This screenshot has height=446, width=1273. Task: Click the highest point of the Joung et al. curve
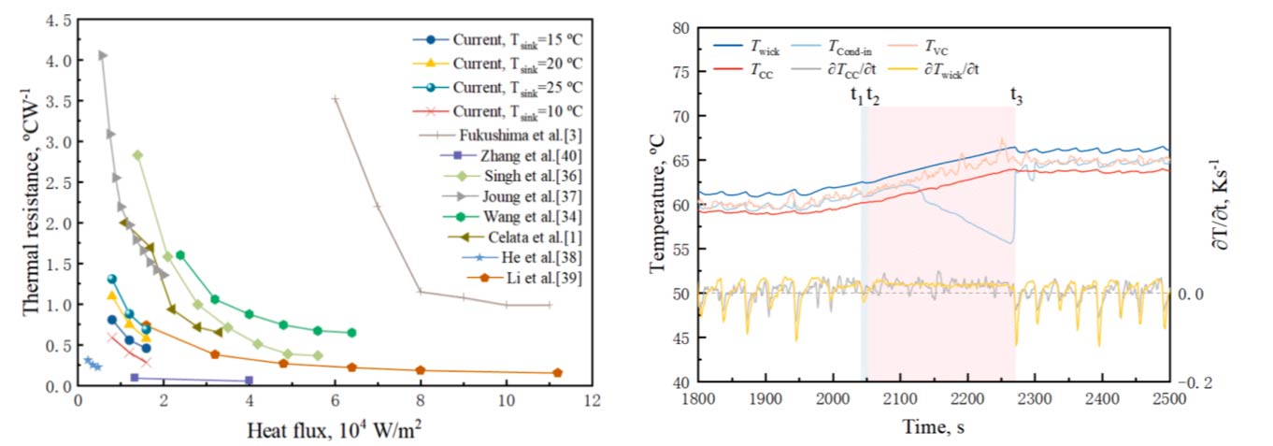tap(102, 55)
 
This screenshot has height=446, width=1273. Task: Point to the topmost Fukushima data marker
tap(335, 98)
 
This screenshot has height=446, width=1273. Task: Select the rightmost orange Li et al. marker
tap(557, 372)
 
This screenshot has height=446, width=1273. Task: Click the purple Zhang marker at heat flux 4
tap(249, 380)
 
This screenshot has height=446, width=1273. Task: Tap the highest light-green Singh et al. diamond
tap(137, 155)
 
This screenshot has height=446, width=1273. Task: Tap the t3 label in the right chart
tap(1016, 94)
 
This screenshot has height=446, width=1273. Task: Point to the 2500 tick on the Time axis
tap(1168, 399)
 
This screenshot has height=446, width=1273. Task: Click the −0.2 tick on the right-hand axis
tap(1198, 382)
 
